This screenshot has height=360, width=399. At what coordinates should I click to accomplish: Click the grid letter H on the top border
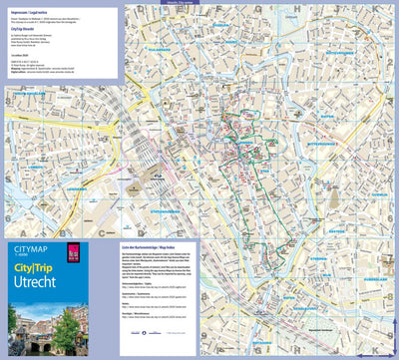point(285,6)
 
